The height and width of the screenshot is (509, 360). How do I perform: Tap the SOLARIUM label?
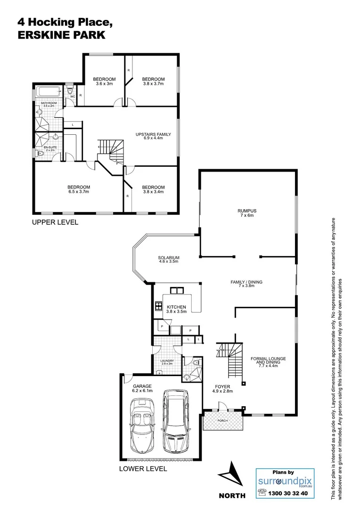pos(168,257)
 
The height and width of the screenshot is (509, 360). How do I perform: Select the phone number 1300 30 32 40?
pos(288,493)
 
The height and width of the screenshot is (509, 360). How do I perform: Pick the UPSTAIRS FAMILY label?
pos(153,134)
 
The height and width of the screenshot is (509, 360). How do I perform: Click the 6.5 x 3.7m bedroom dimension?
pos(79,192)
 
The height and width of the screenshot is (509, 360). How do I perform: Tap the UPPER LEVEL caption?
pos(55,222)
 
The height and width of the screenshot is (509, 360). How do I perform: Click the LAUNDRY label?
pos(168,361)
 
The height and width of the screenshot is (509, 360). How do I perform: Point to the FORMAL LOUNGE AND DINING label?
pos(268,361)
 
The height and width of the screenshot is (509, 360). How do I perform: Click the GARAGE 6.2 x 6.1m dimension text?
pos(142,391)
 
